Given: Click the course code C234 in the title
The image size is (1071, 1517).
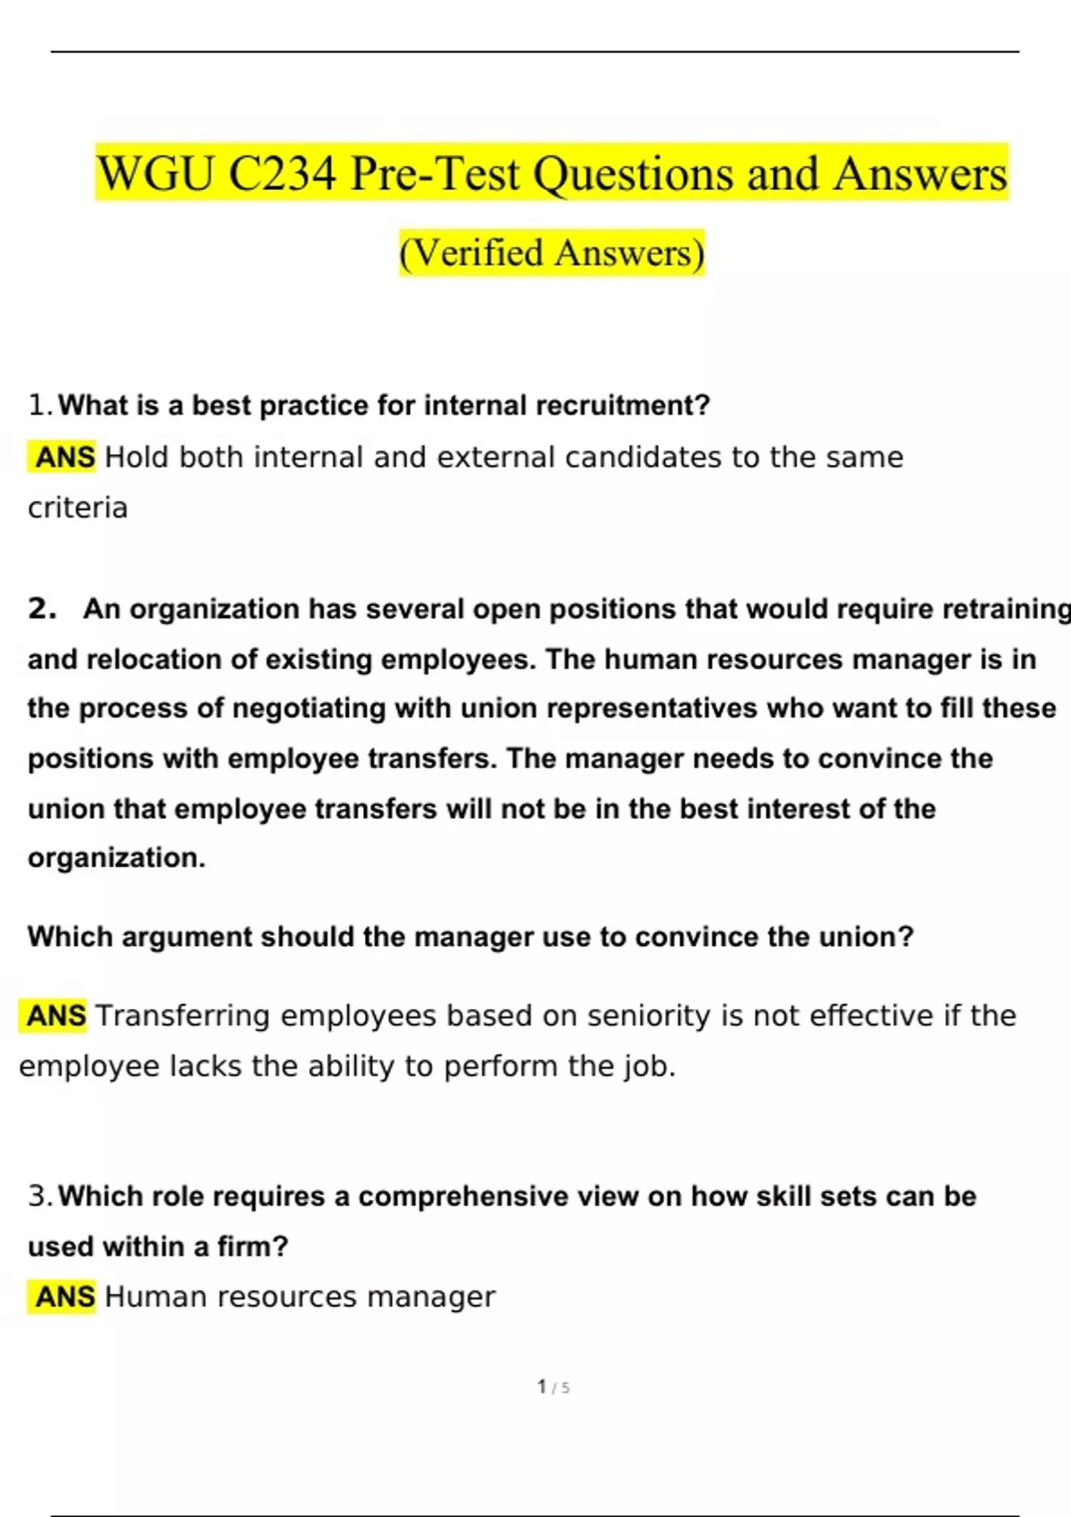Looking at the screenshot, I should [x=282, y=173].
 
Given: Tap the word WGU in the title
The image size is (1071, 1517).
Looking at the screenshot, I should [x=156, y=173].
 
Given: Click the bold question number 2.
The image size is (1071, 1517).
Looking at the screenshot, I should [x=41, y=609].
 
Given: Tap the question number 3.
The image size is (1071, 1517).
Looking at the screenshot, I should [x=40, y=1197].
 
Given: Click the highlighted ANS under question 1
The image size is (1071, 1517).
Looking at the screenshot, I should [x=64, y=457].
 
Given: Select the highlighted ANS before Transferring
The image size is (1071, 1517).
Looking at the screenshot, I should [x=55, y=1015].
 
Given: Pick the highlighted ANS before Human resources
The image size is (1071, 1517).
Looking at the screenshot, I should [x=64, y=1297].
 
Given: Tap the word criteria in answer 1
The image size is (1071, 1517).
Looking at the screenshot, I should [x=78, y=508].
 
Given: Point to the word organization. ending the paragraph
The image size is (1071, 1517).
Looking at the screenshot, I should [x=116, y=858].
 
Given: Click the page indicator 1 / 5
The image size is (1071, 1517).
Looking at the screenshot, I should [x=553, y=1387].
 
